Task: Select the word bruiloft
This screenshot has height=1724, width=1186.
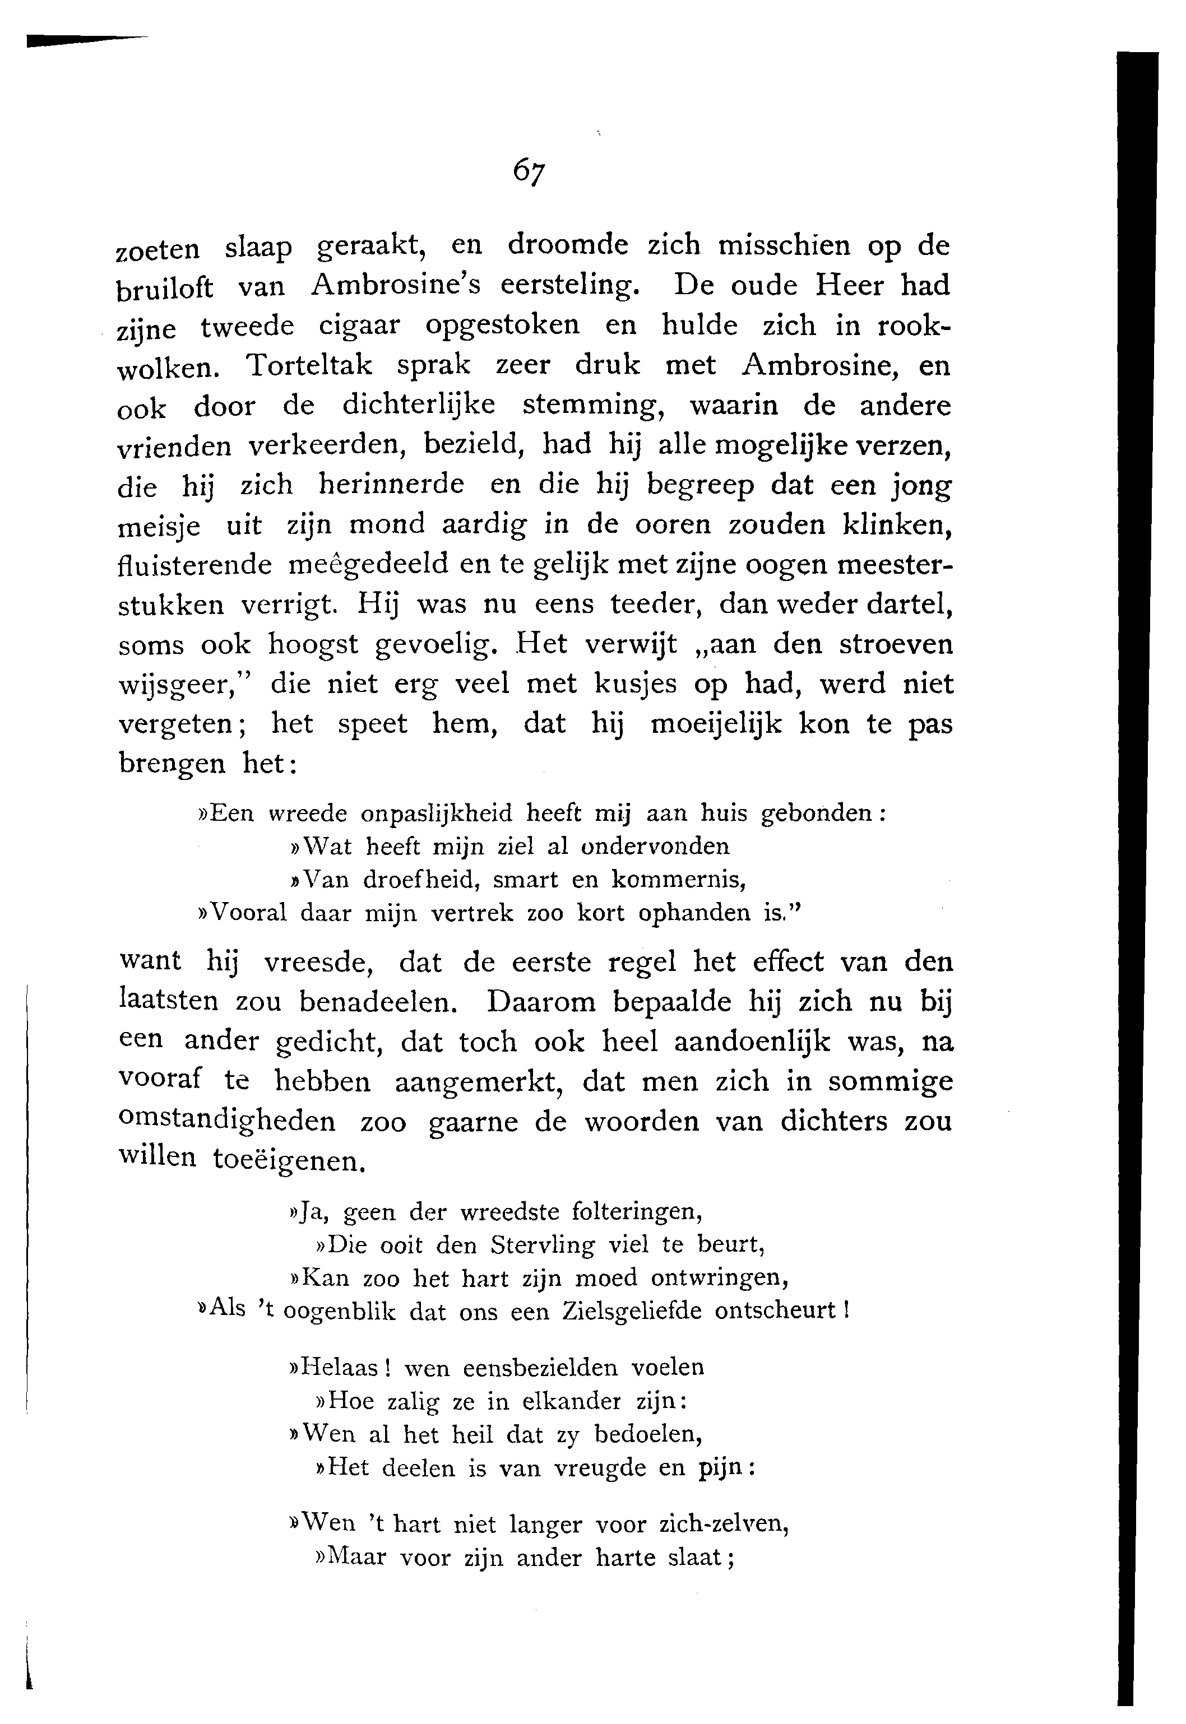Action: [165, 288]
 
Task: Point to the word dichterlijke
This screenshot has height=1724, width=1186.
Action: [419, 406]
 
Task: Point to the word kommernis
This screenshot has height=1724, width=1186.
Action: [678, 880]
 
